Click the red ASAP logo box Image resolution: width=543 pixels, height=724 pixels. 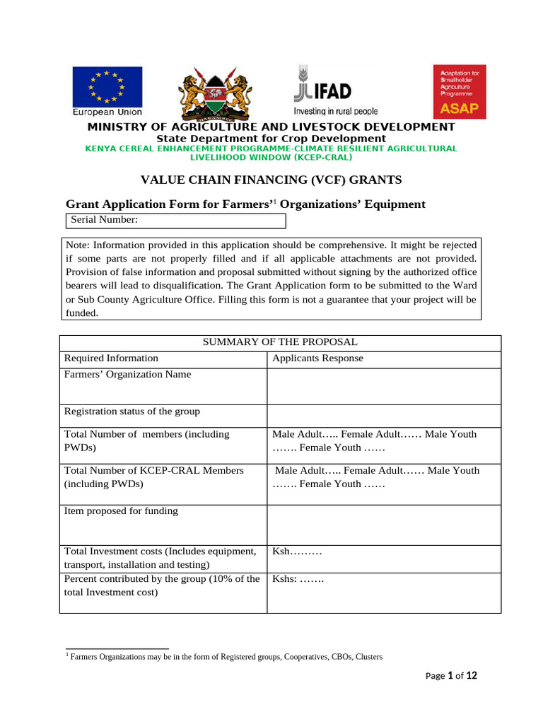pyautogui.click(x=460, y=92)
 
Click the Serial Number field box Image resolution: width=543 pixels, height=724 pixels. pyautogui.click(x=176, y=221)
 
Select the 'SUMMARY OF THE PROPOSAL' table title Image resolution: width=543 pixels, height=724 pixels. pyautogui.click(x=280, y=342)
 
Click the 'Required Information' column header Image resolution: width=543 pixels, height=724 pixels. pyautogui.click(x=111, y=358)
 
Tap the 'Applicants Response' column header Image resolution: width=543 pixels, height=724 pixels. pyautogui.click(x=317, y=358)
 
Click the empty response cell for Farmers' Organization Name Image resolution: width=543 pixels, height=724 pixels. pyautogui.click(x=383, y=386)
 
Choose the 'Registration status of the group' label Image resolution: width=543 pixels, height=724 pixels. pyautogui.click(x=132, y=411)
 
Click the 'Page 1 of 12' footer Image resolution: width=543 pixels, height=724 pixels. pyautogui.click(x=452, y=676)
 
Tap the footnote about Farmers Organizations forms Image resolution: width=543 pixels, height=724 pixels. pyautogui.click(x=225, y=657)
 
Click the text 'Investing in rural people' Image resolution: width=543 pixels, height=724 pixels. pyautogui.click(x=336, y=112)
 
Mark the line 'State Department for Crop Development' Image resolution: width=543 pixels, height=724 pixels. pyautogui.click(x=271, y=139)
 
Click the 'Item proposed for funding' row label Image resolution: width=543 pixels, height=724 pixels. pyautogui.click(x=121, y=511)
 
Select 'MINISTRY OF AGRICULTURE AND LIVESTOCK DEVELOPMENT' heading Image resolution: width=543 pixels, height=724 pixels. pyautogui.click(x=271, y=127)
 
